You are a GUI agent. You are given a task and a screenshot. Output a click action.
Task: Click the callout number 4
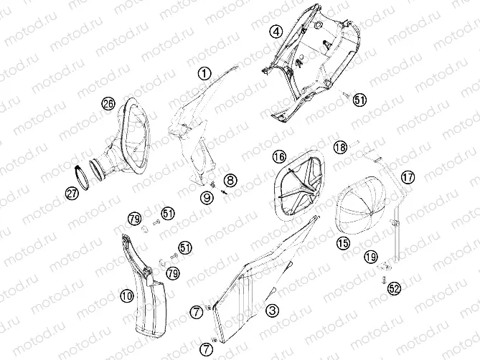[276, 32]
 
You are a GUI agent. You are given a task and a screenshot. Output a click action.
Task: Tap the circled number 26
[108, 104]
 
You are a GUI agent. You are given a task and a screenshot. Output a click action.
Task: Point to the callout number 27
[72, 194]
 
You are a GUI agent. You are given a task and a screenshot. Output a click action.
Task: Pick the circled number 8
[230, 180]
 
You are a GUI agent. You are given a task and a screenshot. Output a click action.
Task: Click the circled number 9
[207, 197]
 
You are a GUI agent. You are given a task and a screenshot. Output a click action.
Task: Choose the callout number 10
[127, 295]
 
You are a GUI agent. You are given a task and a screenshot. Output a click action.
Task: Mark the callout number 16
[279, 156]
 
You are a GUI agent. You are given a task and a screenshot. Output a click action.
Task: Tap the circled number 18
[340, 148]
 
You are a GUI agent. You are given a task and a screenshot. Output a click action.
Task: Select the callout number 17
[408, 177]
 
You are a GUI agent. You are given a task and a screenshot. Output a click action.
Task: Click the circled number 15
[343, 243]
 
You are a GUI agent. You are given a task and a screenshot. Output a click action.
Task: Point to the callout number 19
[371, 257]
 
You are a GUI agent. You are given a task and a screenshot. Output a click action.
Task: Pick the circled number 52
[395, 288]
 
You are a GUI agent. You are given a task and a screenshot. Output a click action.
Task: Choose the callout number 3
[272, 311]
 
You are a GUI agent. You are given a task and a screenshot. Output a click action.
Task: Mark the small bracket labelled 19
[385, 267]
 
